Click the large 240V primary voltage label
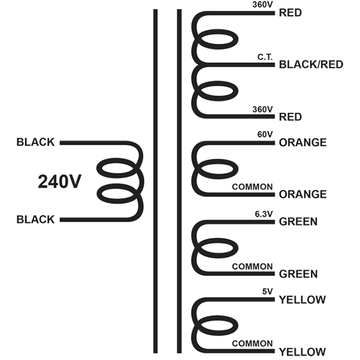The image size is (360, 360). tap(59, 182)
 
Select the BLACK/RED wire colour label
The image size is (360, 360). tap(311, 65)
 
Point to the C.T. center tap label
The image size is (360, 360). tap(265, 57)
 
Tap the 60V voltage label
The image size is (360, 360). tap(265, 134)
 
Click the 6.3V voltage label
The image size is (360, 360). tap(264, 214)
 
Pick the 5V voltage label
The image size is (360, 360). tap(268, 292)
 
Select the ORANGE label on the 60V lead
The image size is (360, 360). tap(302, 143)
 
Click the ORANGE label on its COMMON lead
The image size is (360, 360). tap(302, 194)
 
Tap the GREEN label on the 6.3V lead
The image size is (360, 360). tap(298, 221)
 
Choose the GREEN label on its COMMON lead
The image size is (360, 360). tap(298, 274)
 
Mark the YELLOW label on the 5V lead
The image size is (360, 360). tap(302, 300)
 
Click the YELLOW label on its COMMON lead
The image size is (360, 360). tap(302, 352)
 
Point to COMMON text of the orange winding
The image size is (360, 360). tap(253, 187)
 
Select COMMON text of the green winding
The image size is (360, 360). tap(253, 266)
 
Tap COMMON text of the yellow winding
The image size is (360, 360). tap(253, 343)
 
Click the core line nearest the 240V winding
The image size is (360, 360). tap(155, 181)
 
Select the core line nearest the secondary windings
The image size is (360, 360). tap(179, 181)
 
